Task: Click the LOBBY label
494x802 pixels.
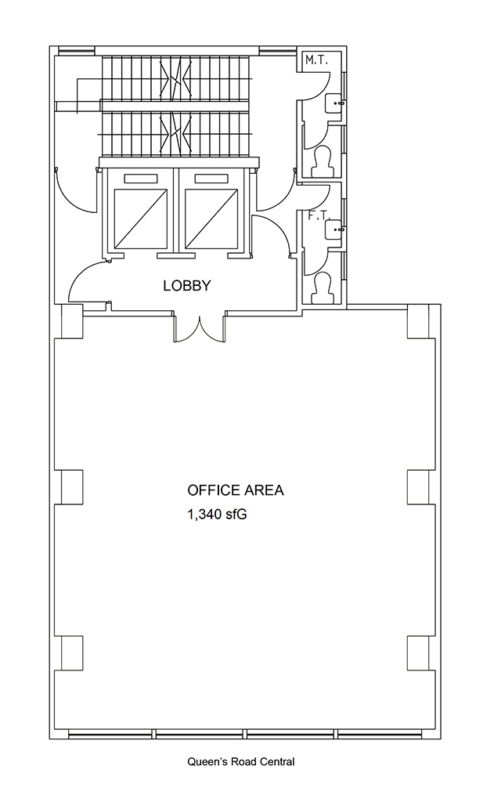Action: pyautogui.click(x=186, y=285)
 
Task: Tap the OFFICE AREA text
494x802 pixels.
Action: pyautogui.click(x=235, y=490)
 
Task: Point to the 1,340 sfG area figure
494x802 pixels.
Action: pyautogui.click(x=218, y=514)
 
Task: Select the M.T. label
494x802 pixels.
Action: pyautogui.click(x=316, y=60)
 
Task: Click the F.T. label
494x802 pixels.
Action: pyautogui.click(x=318, y=216)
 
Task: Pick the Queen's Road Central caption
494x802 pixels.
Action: pyautogui.click(x=241, y=761)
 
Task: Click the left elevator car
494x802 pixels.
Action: pyautogui.click(x=140, y=218)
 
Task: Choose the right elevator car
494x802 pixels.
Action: pyautogui.click(x=211, y=218)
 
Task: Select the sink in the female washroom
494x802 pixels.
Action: pyautogui.click(x=335, y=229)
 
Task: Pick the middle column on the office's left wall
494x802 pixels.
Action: pyautogui.click(x=71, y=487)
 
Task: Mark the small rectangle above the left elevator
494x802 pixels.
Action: pyautogui.click(x=140, y=179)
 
